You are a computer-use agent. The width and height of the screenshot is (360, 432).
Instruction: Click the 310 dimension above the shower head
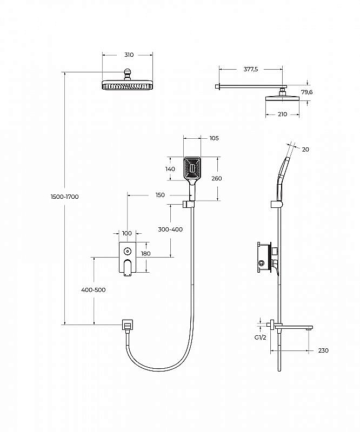coord(129,55)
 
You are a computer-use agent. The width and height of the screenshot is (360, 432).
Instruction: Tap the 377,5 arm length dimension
coord(251,69)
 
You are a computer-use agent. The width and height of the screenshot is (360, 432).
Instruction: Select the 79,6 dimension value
coord(307,92)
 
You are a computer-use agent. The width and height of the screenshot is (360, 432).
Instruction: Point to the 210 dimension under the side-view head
coord(283,114)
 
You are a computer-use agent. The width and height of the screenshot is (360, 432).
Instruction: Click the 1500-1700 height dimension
coord(65,197)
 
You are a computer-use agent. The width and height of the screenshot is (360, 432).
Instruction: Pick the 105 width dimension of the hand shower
coord(214,138)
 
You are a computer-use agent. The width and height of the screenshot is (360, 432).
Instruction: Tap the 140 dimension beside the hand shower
coord(170,169)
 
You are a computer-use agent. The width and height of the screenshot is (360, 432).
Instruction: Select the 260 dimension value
coord(217,179)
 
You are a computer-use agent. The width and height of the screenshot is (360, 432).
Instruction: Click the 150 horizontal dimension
coord(160,195)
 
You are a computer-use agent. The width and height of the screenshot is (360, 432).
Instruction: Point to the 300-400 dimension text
coord(170,229)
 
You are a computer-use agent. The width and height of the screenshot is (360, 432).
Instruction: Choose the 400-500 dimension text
coord(94,290)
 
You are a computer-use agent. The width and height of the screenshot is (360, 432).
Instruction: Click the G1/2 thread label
coord(261,337)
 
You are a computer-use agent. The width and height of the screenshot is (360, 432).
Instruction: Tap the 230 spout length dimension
coord(323,350)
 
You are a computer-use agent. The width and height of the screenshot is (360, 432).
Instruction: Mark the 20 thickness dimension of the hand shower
coord(305,150)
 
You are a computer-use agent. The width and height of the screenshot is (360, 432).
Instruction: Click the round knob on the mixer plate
coord(127,251)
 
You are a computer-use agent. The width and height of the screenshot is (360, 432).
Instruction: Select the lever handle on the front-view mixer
coord(128,267)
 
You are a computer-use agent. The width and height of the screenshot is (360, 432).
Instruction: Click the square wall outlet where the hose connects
coord(127,325)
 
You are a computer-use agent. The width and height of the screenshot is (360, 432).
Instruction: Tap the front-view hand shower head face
coord(192,167)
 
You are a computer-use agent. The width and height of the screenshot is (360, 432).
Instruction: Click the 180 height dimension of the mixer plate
coord(145,253)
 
